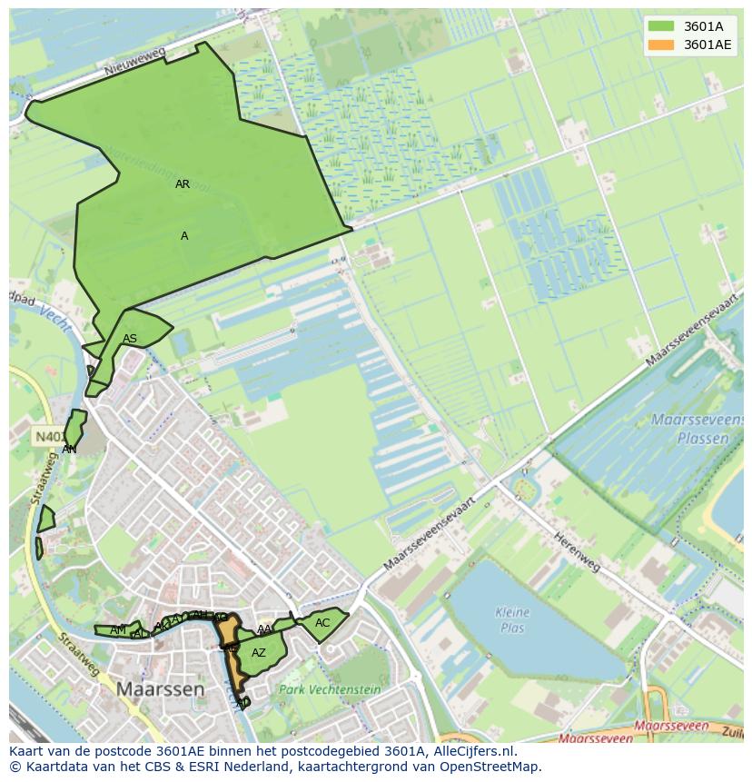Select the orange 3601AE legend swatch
pos(661,45)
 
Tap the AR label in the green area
pos(183,184)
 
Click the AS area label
pos(130,340)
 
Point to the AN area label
pos(69,450)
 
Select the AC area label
pos(322,623)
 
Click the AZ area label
pos(259,653)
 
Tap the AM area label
pos(118,630)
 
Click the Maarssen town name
pos(160,689)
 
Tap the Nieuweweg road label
pos(134,62)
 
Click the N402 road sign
pos(47,437)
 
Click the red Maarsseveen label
pos(671,726)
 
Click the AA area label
pos(264,629)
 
